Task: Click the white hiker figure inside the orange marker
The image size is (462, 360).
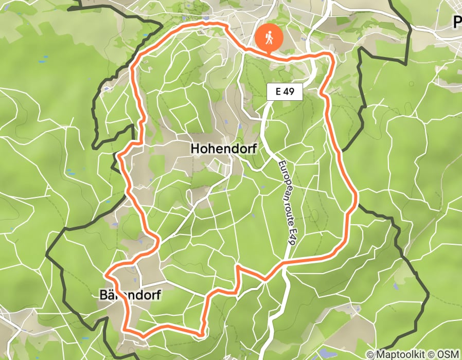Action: tap(269, 37)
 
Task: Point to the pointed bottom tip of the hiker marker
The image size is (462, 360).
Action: tap(269, 52)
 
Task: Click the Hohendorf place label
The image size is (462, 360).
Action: tap(224, 149)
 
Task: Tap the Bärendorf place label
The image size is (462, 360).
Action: tap(130, 295)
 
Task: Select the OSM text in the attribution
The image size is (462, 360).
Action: tap(448, 354)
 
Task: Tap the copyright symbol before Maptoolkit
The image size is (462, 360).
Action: tap(370, 354)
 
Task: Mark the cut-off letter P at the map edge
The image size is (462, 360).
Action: tap(457, 22)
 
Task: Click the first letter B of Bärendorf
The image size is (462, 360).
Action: tap(102, 295)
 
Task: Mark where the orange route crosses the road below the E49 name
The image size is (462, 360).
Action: tap(283, 264)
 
